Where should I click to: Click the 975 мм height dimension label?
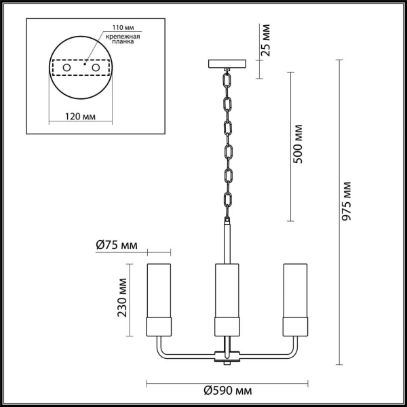point(347,203)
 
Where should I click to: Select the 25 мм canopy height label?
point(267,40)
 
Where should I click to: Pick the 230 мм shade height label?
point(123,299)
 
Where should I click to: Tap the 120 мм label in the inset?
point(81,117)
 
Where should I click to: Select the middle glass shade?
point(227,298)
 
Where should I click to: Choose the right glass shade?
point(296,298)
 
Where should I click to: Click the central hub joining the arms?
point(227,354)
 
